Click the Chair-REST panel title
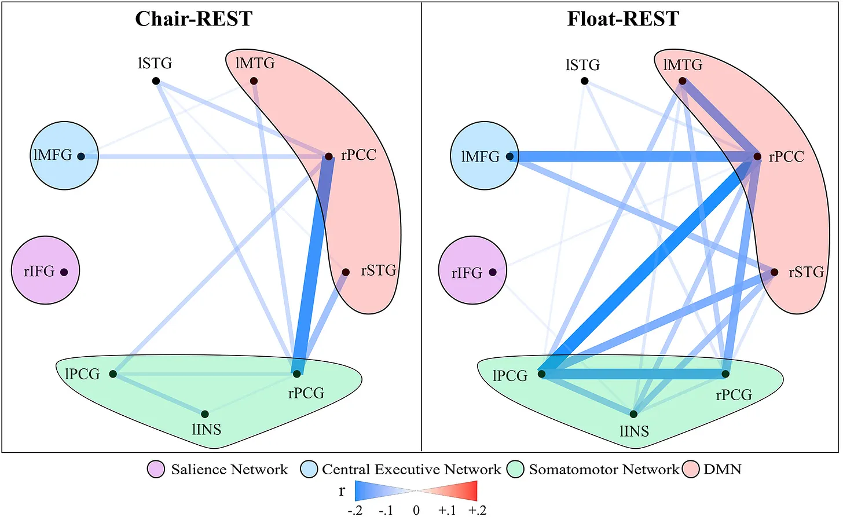(194, 19)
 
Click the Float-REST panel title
(623, 19)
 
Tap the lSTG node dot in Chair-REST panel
(156, 81)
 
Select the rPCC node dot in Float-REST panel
(757, 156)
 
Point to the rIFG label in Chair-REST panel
(39, 271)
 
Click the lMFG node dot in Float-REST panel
(510, 156)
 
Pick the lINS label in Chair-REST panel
(207, 430)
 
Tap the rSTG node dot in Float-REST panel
(774, 272)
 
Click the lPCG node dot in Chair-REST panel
(113, 374)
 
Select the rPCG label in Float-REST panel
(734, 395)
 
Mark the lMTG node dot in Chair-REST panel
(254, 81)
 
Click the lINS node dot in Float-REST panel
(633, 414)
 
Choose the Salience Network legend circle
(156, 470)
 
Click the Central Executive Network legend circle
(309, 470)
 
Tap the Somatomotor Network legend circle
(515, 470)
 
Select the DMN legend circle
(691, 470)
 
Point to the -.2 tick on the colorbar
(355, 511)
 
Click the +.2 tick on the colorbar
(478, 511)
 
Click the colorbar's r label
(342, 491)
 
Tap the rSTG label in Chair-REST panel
(379, 270)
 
